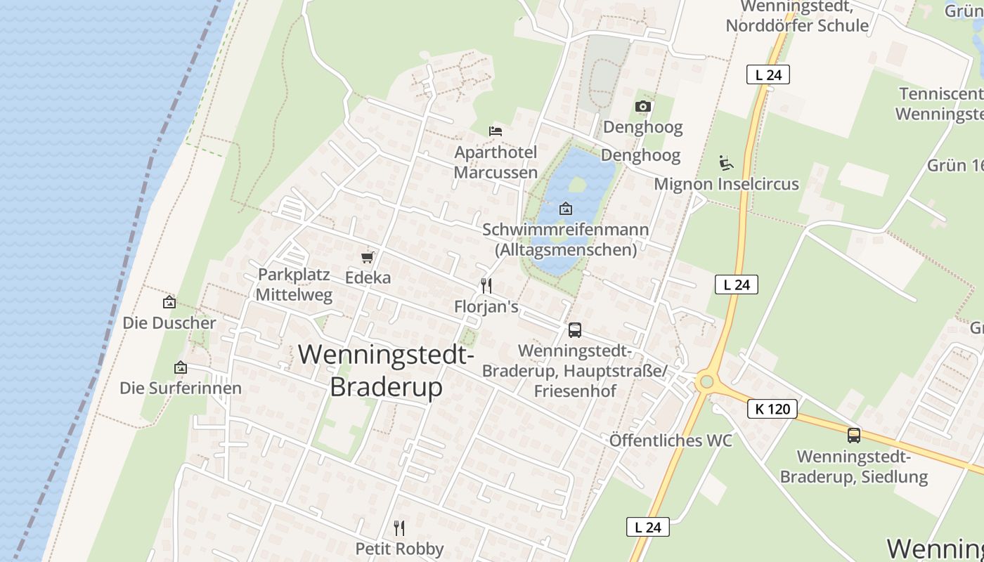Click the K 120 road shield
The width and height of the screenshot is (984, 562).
(x=772, y=409)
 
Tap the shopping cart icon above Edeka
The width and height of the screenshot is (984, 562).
(x=367, y=257)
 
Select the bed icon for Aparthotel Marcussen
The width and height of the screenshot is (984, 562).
(x=496, y=131)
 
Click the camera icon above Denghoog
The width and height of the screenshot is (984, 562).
(x=642, y=107)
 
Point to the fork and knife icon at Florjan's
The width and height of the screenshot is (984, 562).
(x=485, y=285)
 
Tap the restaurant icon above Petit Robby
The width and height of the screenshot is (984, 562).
(x=399, y=528)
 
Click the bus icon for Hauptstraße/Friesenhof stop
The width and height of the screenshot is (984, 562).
(x=574, y=329)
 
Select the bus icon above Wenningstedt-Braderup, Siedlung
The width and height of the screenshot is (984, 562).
(x=853, y=435)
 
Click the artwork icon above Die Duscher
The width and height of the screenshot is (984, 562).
(x=169, y=302)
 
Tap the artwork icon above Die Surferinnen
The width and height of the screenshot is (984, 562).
(x=181, y=367)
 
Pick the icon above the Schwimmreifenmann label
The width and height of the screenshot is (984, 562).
(x=565, y=209)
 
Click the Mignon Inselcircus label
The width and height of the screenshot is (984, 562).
(x=726, y=184)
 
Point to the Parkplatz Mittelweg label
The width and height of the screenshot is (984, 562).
(x=294, y=285)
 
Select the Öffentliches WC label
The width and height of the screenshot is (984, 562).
(x=671, y=440)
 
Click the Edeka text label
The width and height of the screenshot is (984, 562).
(x=368, y=277)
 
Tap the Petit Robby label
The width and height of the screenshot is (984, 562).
(x=399, y=549)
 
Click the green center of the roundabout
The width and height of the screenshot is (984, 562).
(x=706, y=381)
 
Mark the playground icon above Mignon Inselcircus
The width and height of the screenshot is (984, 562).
(x=726, y=163)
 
